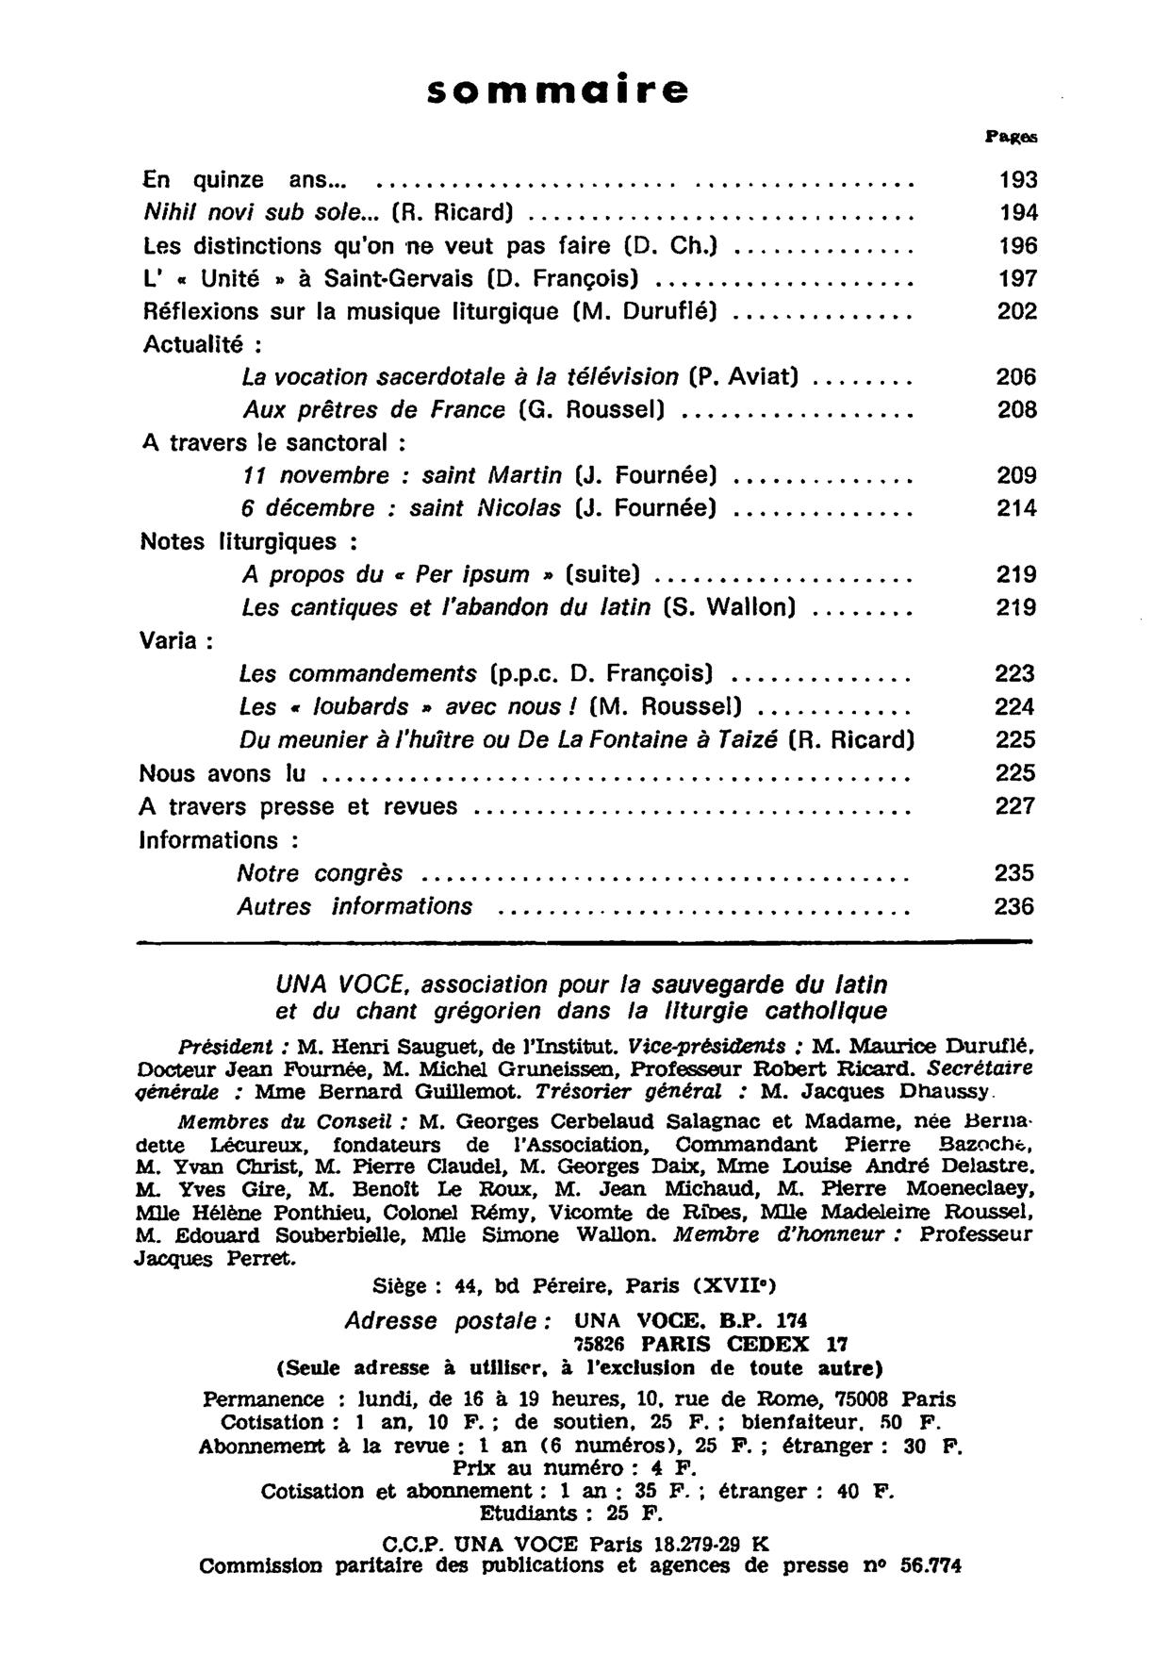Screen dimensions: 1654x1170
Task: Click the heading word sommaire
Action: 558,90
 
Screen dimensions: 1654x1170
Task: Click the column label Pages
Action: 1012,137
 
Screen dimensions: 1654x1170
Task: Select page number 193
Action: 1017,179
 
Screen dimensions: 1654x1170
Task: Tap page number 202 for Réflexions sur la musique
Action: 1017,311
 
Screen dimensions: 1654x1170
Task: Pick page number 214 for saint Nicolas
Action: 1016,509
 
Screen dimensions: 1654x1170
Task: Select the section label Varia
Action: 174,641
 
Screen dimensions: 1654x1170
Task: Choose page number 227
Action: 1015,807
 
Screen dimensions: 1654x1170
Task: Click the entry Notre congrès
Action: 320,873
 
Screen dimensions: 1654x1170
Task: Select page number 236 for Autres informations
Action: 1014,907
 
